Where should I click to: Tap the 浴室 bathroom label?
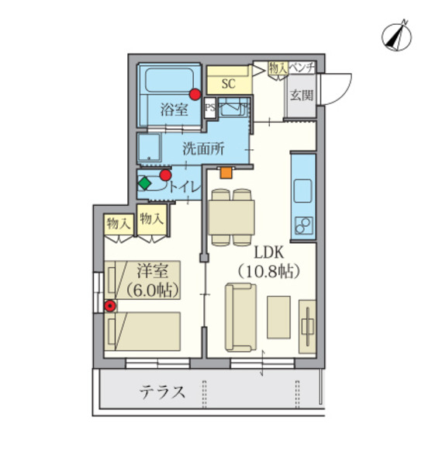point(174,110)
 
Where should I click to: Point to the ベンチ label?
point(302,68)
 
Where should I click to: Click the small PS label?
point(209,108)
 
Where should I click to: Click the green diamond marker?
point(143,184)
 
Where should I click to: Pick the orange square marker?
point(225,172)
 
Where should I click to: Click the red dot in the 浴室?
point(195,95)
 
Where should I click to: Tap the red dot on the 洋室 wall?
point(111,306)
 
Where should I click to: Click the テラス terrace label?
point(163,392)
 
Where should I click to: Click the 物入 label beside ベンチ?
point(278,68)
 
